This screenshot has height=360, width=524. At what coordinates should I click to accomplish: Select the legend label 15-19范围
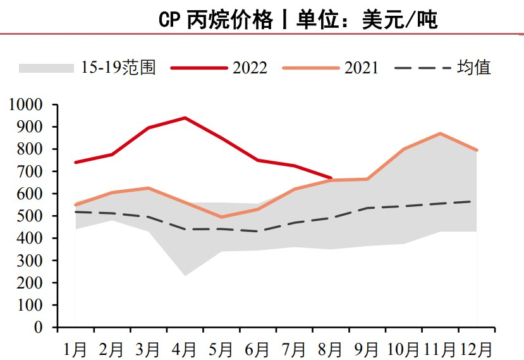click(118, 67)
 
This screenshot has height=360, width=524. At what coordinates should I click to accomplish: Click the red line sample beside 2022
click(197, 67)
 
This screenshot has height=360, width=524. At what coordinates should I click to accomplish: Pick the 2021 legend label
click(361, 67)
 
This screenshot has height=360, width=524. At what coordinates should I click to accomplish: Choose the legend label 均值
click(473, 67)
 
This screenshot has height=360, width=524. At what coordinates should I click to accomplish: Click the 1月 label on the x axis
click(75, 348)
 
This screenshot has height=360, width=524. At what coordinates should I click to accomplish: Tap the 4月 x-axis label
click(185, 348)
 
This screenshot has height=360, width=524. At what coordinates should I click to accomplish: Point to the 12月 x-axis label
click(475, 348)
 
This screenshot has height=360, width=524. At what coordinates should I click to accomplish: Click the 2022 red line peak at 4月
click(185, 118)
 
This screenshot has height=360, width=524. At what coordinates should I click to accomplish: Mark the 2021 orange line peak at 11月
click(440, 133)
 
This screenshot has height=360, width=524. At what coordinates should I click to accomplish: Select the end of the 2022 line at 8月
click(331, 178)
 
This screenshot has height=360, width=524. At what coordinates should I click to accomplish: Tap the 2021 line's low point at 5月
click(221, 217)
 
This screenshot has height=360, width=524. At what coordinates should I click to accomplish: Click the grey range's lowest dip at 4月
click(185, 275)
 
